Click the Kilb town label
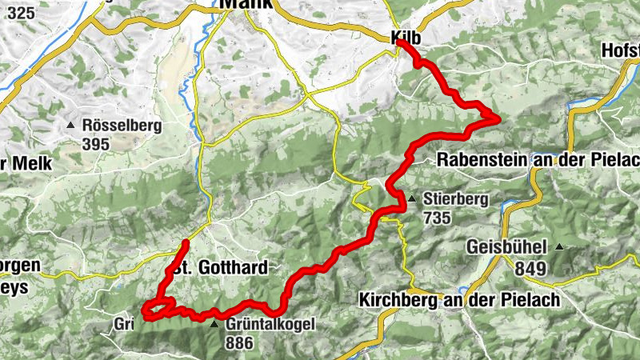[x=406, y=38]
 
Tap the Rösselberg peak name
[x=122, y=126]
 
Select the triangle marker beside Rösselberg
[x=72, y=126]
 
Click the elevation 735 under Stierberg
[x=438, y=218]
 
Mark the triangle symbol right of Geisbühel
[x=559, y=246]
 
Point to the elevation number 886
[x=239, y=343]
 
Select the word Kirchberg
[x=398, y=299]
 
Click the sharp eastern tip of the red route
[x=500, y=119]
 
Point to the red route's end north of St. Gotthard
[x=186, y=242]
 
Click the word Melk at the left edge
[x=33, y=163]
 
